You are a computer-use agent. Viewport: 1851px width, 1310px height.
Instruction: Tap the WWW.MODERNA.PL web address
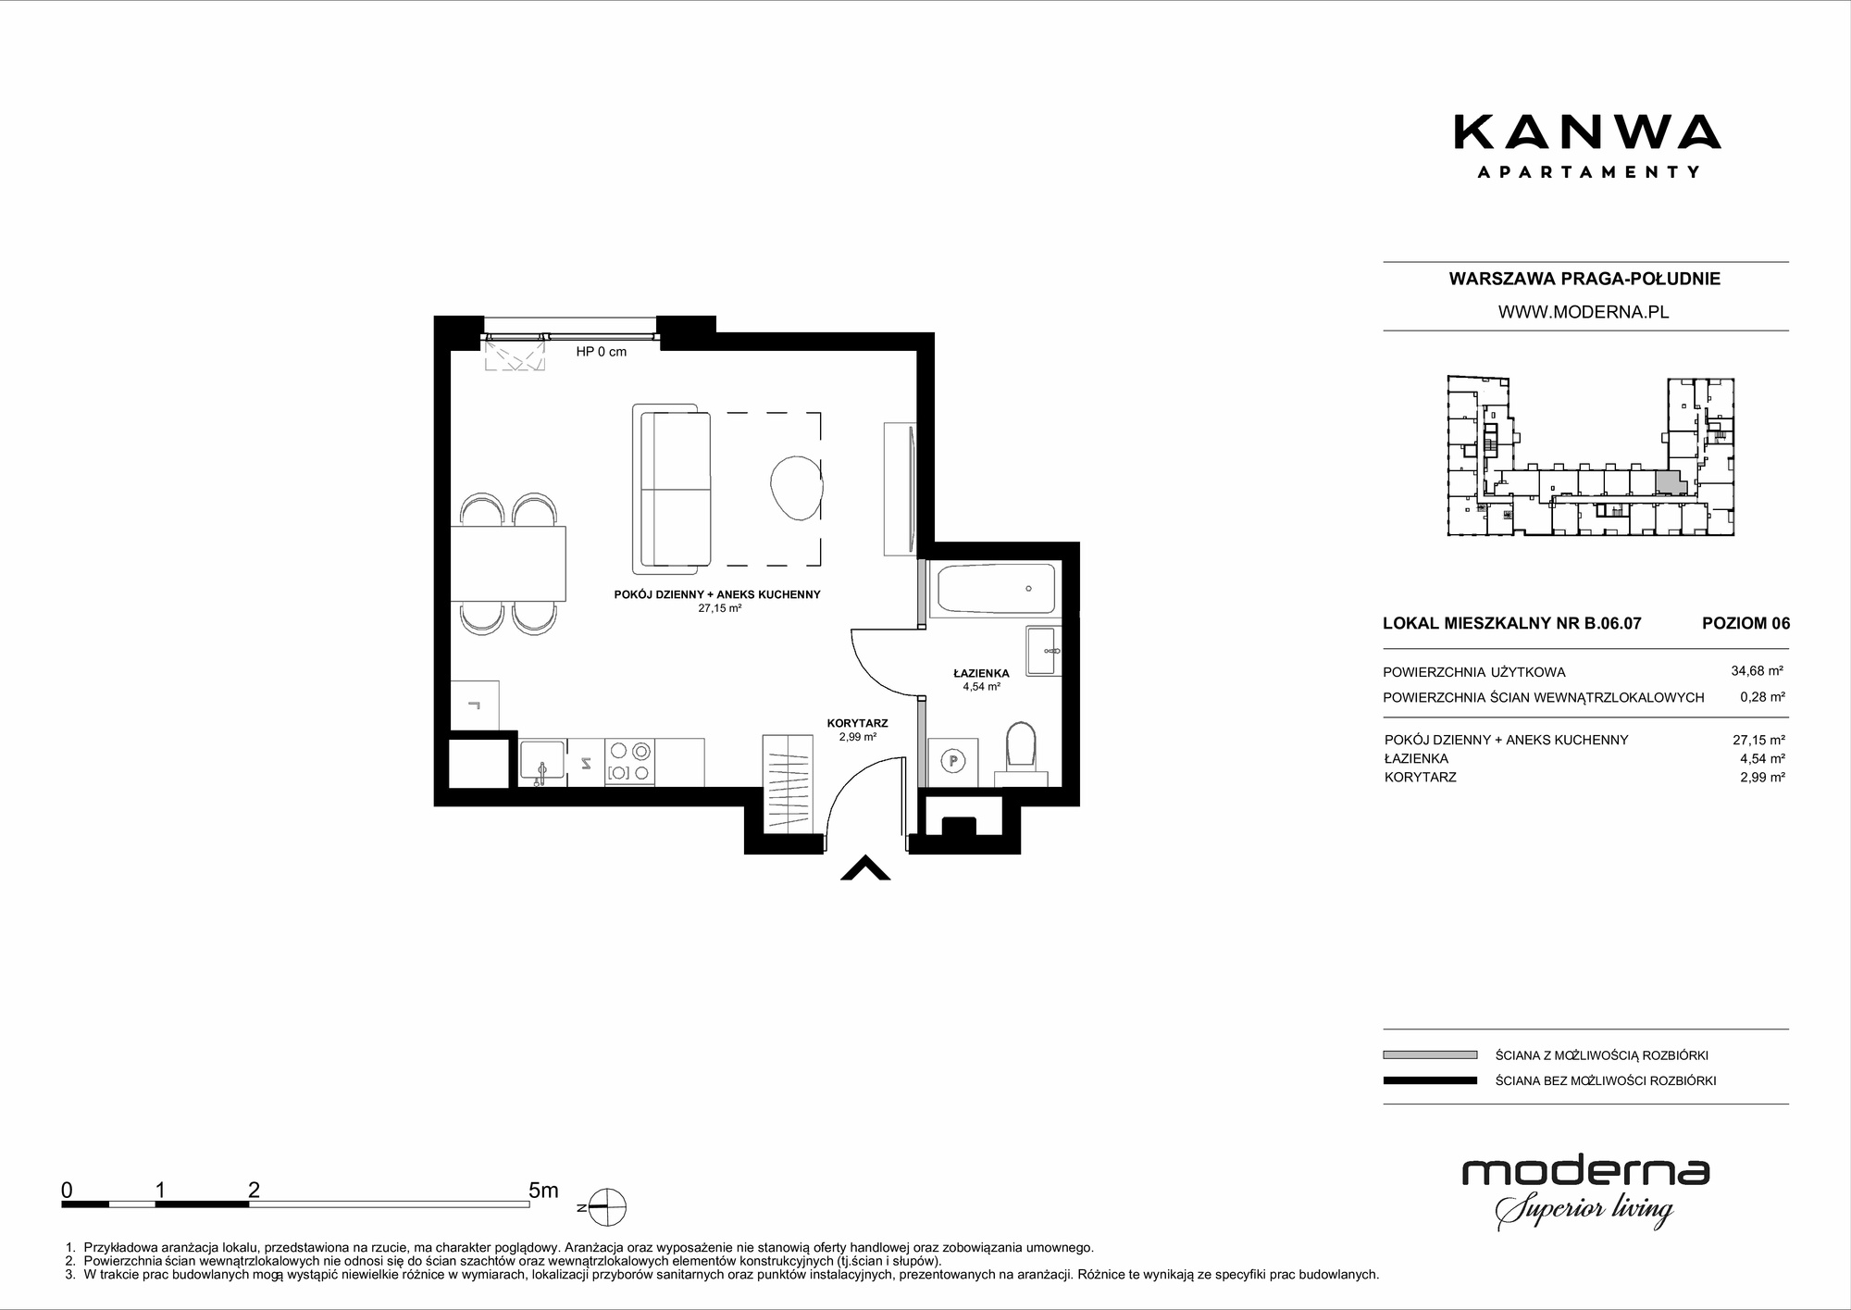(1584, 313)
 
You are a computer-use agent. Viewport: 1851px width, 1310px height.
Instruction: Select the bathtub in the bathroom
(996, 589)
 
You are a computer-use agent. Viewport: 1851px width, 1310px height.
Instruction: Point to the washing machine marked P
(952, 761)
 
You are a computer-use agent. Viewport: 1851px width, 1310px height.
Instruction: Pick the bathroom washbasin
(1045, 652)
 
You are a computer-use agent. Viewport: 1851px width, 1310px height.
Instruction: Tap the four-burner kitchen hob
(628, 762)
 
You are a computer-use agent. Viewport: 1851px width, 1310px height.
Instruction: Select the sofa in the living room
(672, 489)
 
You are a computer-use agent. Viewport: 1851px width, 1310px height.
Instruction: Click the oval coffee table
(795, 489)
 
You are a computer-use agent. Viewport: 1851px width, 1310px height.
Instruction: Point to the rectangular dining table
(508, 564)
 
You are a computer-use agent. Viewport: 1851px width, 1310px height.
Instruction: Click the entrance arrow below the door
(865, 868)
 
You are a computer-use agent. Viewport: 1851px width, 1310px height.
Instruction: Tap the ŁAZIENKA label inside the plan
(981, 673)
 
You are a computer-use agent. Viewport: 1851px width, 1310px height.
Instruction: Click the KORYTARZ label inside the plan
(857, 724)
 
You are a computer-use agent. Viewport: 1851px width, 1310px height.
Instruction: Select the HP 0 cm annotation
(602, 352)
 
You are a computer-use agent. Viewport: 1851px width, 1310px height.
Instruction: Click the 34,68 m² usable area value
(1758, 671)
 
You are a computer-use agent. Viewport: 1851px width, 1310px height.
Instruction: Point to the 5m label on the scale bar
(543, 1190)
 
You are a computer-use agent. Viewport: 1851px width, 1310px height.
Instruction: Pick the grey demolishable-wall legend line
(1430, 1054)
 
